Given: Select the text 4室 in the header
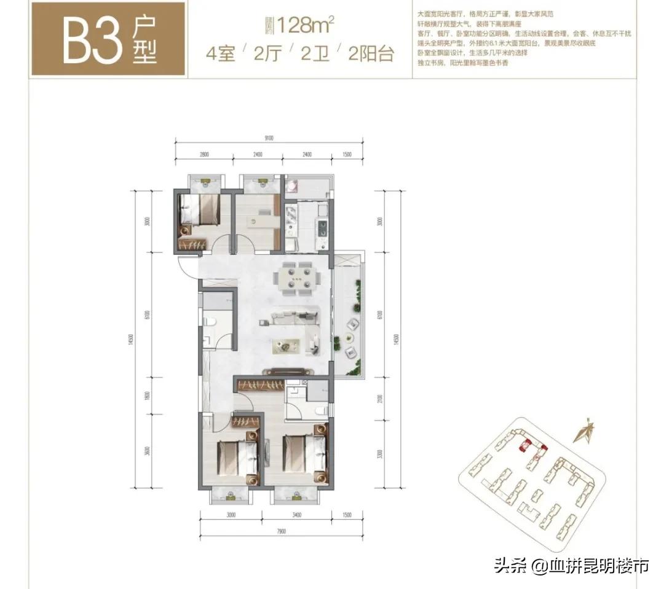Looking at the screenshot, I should (x=221, y=54).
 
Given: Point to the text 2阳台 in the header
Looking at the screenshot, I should (x=370, y=54).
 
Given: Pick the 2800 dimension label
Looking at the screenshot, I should (x=205, y=154).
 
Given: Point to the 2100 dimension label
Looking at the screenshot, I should (x=382, y=400).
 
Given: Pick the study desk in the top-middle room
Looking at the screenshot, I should (x=261, y=219).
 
